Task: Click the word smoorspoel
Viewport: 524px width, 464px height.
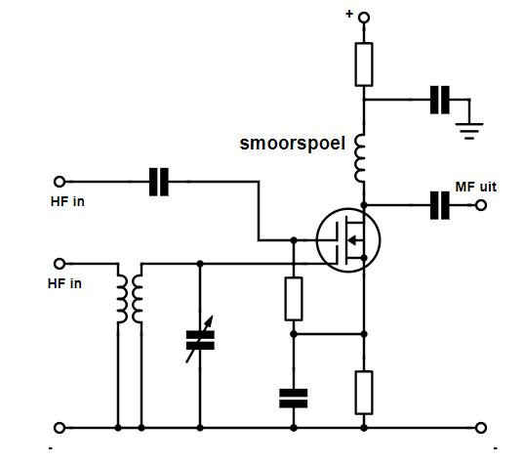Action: click(293, 144)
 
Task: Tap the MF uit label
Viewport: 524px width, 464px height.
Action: click(476, 187)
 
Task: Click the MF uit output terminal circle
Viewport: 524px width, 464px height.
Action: click(481, 205)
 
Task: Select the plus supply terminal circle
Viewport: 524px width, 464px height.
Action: click(364, 18)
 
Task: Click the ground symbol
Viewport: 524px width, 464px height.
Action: click(469, 131)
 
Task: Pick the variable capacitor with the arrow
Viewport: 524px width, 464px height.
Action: click(200, 340)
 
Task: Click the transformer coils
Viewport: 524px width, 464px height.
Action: click(130, 298)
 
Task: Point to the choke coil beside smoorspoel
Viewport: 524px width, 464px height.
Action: click(360, 158)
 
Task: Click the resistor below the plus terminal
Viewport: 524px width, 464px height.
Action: click(364, 64)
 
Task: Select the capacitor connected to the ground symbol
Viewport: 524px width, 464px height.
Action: click(440, 100)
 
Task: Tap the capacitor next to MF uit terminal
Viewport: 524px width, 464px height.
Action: click(440, 205)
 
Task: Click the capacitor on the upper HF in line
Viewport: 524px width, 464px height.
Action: click(159, 182)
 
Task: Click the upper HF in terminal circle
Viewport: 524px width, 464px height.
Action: click(60, 182)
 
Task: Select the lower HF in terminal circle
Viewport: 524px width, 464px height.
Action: click(60, 264)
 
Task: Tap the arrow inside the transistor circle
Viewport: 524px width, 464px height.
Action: click(353, 240)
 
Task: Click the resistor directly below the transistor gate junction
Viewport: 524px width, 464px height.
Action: click(294, 299)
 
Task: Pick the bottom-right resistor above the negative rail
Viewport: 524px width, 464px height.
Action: click(364, 393)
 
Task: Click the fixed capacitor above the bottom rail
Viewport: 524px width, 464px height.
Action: click(294, 399)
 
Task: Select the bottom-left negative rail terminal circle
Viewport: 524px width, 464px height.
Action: click(60, 428)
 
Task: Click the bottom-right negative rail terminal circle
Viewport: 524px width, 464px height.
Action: click(481, 428)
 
